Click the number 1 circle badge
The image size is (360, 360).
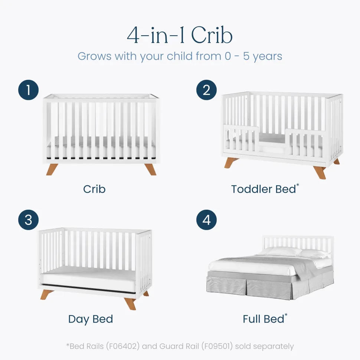click(x=28, y=90)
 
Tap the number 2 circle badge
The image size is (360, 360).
click(x=206, y=90)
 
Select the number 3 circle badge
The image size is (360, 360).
click(x=28, y=220)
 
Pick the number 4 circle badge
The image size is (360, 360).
click(x=206, y=220)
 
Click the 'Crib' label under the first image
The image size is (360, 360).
click(x=94, y=189)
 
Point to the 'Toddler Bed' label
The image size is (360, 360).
click(x=264, y=189)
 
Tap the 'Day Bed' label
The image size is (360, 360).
click(x=91, y=320)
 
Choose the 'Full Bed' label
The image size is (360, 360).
click(x=264, y=319)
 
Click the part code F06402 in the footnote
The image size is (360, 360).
click(x=123, y=346)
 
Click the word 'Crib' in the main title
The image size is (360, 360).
click(x=212, y=35)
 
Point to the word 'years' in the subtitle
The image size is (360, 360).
click(x=268, y=57)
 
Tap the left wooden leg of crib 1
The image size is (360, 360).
click(x=52, y=169)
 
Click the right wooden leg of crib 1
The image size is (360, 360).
click(x=151, y=169)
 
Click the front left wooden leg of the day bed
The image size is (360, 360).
click(x=47, y=294)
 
